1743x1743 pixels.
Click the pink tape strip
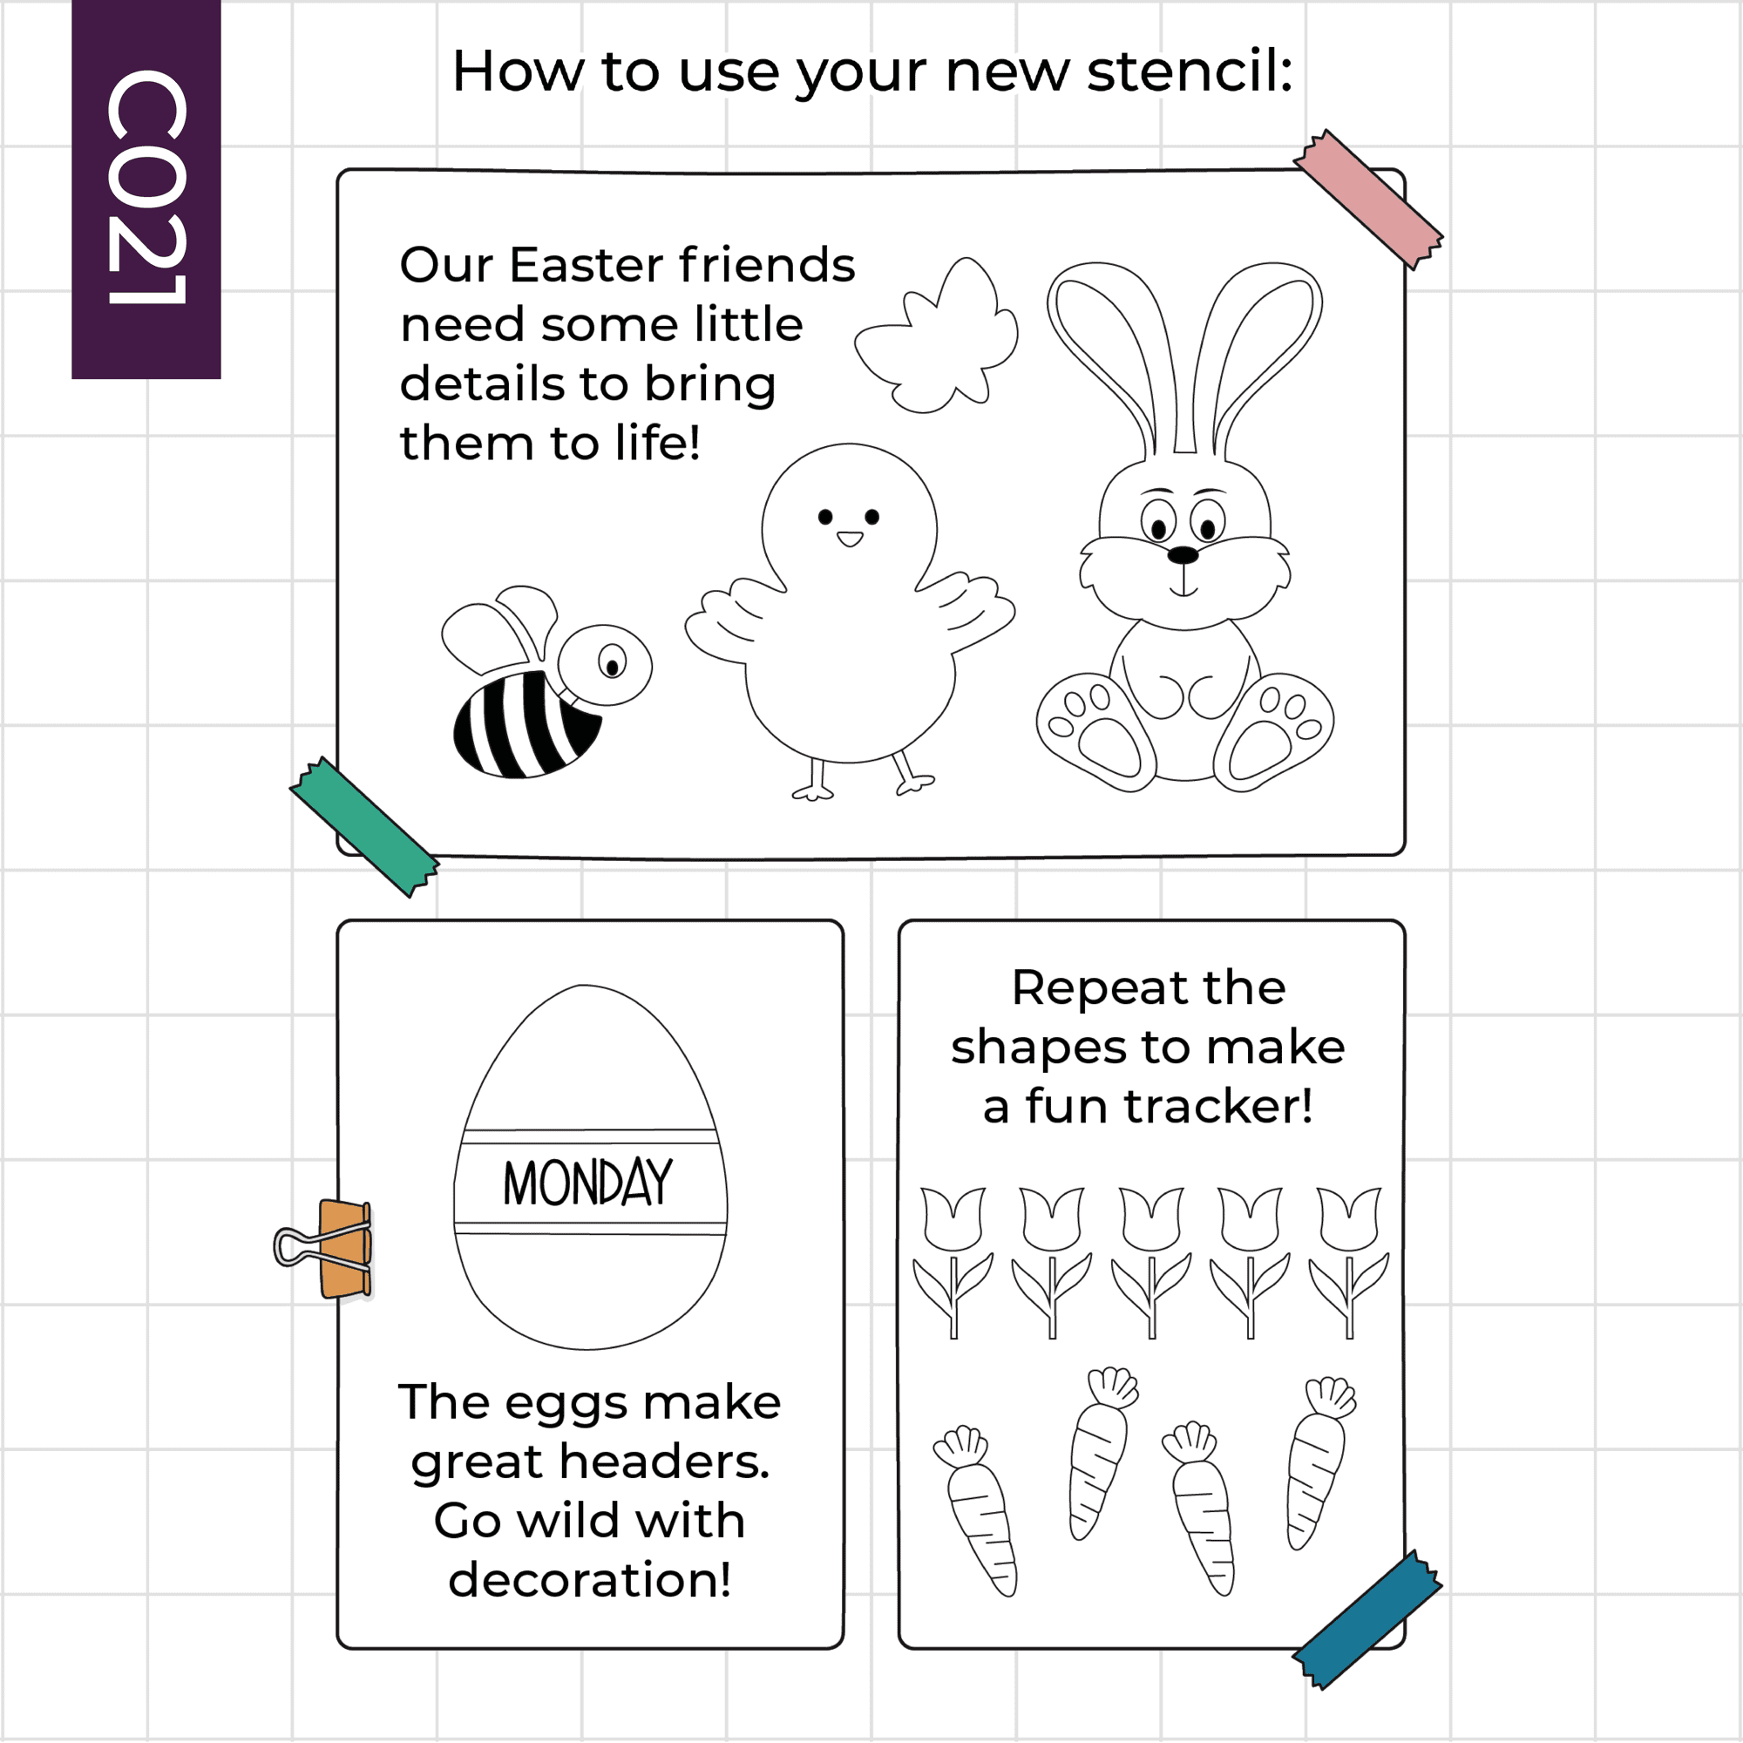pyautogui.click(x=1368, y=200)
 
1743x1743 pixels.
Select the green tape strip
pyautogui.click(x=364, y=826)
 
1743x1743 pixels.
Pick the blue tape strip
pyautogui.click(x=1367, y=1619)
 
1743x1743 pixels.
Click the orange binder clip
pyautogui.click(x=324, y=1249)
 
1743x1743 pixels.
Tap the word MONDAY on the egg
pyautogui.click(x=588, y=1183)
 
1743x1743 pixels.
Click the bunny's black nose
pyautogui.click(x=1183, y=555)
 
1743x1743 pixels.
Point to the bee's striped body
pyautogui.click(x=524, y=723)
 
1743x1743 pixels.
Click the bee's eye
pyautogui.click(x=612, y=664)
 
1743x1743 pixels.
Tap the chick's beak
pyautogui.click(x=849, y=539)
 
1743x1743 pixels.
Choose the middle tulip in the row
pyautogui.click(x=1151, y=1262)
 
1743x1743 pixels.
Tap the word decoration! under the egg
pyautogui.click(x=590, y=1580)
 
